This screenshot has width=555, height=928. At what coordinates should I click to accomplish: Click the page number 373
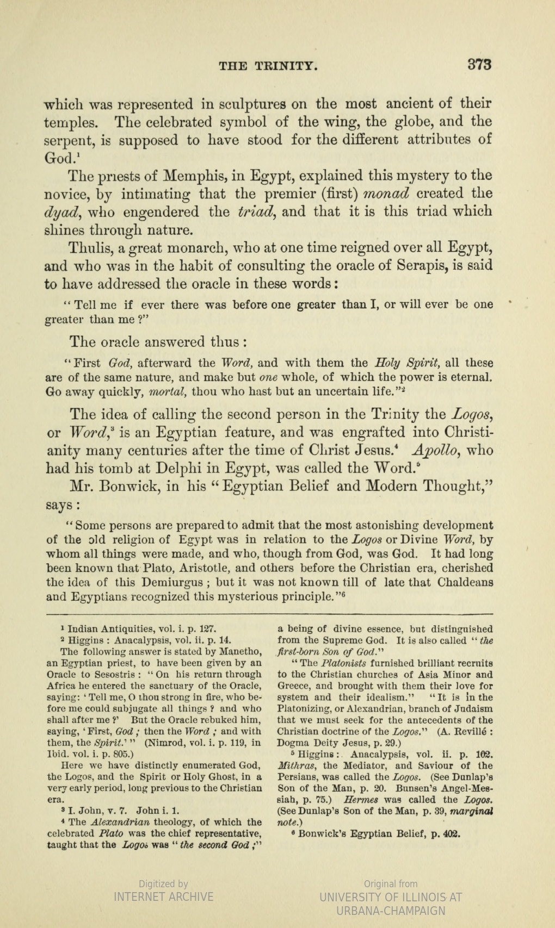coord(479,64)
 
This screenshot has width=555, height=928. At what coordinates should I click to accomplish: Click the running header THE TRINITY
coord(268,66)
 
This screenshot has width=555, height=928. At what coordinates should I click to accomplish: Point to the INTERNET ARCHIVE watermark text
coord(163,896)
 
